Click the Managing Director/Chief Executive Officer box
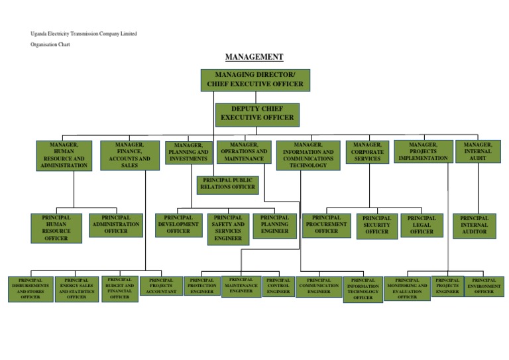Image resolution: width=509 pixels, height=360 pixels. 255,80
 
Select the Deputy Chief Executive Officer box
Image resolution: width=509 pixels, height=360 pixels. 257,113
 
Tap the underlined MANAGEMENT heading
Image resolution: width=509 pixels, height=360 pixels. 254,57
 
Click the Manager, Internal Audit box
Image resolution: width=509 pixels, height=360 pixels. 478,152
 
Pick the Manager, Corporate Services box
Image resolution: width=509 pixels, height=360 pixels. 367,152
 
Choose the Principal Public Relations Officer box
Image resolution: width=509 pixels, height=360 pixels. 229,184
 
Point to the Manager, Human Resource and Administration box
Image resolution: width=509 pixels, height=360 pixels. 64,155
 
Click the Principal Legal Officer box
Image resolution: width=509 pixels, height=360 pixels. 422,225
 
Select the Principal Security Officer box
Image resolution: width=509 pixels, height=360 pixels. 377,225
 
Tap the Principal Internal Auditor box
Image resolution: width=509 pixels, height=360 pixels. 474,225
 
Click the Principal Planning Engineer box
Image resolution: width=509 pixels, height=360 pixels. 274,225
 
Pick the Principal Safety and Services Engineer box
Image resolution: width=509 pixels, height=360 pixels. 228,228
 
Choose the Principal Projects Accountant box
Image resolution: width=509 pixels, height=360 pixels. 161,286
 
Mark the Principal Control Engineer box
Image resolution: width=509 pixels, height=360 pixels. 278,286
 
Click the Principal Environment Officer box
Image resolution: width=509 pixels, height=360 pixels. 484,286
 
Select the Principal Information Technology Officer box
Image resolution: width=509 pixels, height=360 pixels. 363,289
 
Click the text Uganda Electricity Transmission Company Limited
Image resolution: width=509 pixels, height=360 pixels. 84,34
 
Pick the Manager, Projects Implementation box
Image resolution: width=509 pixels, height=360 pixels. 423,152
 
